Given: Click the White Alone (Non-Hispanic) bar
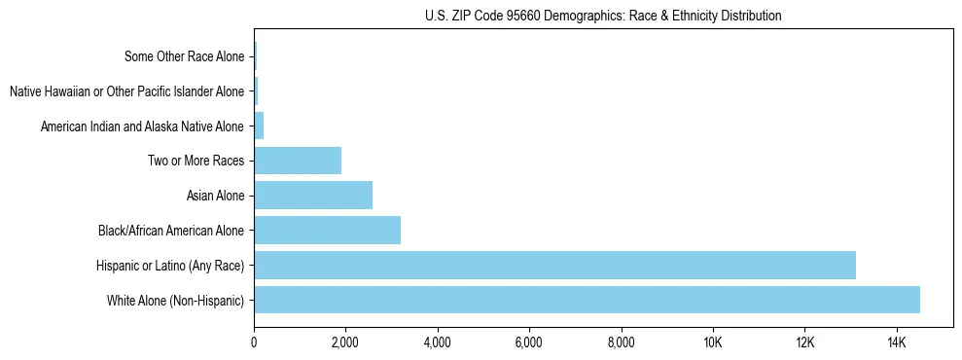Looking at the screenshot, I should (x=587, y=300).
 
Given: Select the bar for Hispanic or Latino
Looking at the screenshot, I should (x=554, y=265).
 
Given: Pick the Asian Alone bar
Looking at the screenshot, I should (x=313, y=196).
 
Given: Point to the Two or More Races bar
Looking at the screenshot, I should (x=298, y=161).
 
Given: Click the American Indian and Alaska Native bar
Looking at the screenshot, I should (x=259, y=126).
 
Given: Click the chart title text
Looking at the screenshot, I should (x=603, y=17).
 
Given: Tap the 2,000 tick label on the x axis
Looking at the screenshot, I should (x=345, y=342).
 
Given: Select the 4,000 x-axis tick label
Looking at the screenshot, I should (x=437, y=342).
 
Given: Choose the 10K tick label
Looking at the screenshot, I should (x=713, y=342).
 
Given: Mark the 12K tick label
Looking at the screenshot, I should (x=804, y=342).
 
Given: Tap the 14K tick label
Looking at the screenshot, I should (x=896, y=342).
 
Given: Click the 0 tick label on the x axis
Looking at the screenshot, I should (x=254, y=342).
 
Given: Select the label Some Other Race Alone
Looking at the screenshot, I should (x=184, y=56).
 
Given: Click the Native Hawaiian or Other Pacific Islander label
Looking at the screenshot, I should (x=126, y=91).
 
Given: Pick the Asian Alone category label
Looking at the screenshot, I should (x=215, y=197).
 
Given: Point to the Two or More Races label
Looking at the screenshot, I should (x=196, y=162).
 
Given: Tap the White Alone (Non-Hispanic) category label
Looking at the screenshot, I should (x=175, y=301).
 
